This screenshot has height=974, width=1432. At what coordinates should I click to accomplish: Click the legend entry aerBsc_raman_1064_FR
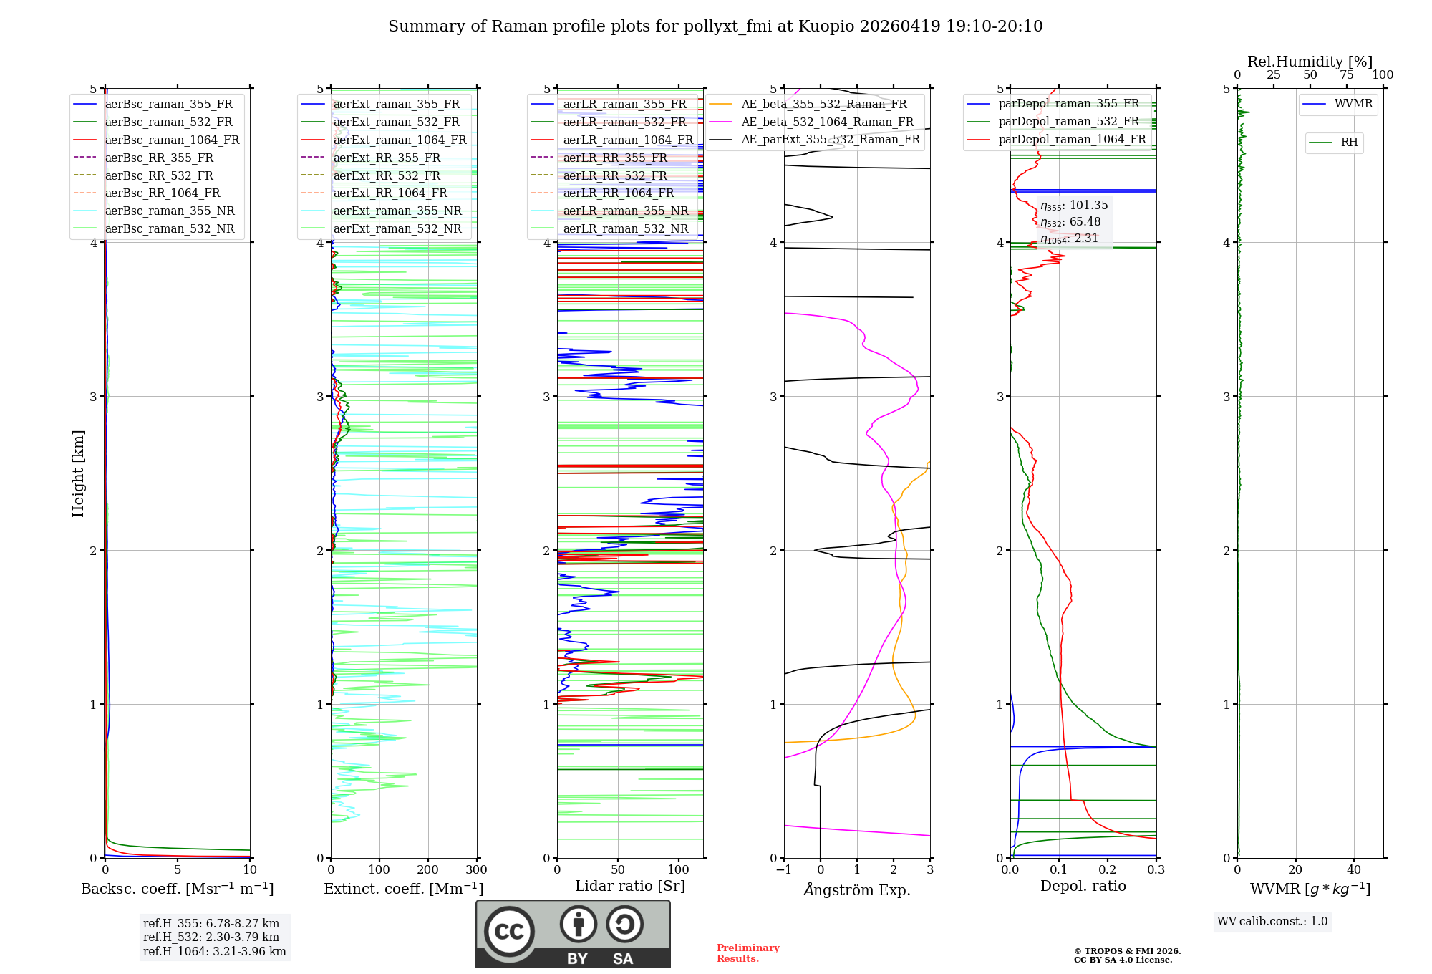172,140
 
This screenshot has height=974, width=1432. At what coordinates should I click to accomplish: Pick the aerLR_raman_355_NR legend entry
625,211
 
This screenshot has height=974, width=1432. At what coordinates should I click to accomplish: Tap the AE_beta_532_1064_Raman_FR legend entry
827,122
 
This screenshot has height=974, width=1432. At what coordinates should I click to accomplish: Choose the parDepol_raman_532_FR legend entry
1068,122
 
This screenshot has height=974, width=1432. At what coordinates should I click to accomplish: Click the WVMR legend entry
1353,104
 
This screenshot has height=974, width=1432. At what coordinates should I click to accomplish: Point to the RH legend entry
1349,143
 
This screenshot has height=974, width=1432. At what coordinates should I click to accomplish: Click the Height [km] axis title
78,473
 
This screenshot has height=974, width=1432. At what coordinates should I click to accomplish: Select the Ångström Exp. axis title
857,890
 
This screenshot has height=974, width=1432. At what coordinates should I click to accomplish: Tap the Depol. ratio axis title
1083,887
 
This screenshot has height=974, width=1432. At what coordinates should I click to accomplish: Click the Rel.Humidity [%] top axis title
1310,62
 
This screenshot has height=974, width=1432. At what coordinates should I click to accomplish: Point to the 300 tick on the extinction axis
477,870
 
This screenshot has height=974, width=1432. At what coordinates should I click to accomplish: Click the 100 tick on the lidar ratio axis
679,870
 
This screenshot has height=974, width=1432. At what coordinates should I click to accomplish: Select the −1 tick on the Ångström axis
783,870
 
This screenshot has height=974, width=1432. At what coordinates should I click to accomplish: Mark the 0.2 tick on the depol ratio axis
1108,870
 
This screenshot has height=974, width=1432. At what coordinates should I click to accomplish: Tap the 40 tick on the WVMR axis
1354,870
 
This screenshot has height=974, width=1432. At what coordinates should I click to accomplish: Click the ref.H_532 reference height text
211,937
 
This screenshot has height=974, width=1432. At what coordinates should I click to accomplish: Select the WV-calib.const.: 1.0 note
1272,922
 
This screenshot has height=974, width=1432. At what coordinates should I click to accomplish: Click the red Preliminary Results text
748,953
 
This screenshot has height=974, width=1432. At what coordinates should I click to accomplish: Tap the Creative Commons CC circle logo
509,932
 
